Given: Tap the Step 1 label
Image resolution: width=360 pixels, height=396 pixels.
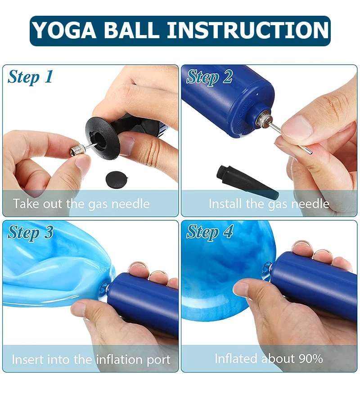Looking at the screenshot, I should coord(30,77).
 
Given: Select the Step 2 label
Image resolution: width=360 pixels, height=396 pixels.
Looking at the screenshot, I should coord(210,77).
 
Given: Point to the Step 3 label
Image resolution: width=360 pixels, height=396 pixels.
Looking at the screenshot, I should coord(30,232).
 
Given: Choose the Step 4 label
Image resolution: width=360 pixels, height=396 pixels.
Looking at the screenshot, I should coord(210,232).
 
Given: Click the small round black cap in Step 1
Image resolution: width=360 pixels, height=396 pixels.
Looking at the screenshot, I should coord(116,179).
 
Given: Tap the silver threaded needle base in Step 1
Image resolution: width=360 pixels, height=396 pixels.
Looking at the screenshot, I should coord(77,149).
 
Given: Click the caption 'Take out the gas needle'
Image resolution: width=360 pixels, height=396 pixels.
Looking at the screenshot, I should coord(81,204).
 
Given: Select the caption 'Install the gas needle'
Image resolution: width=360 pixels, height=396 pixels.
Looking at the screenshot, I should coord(269,204).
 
